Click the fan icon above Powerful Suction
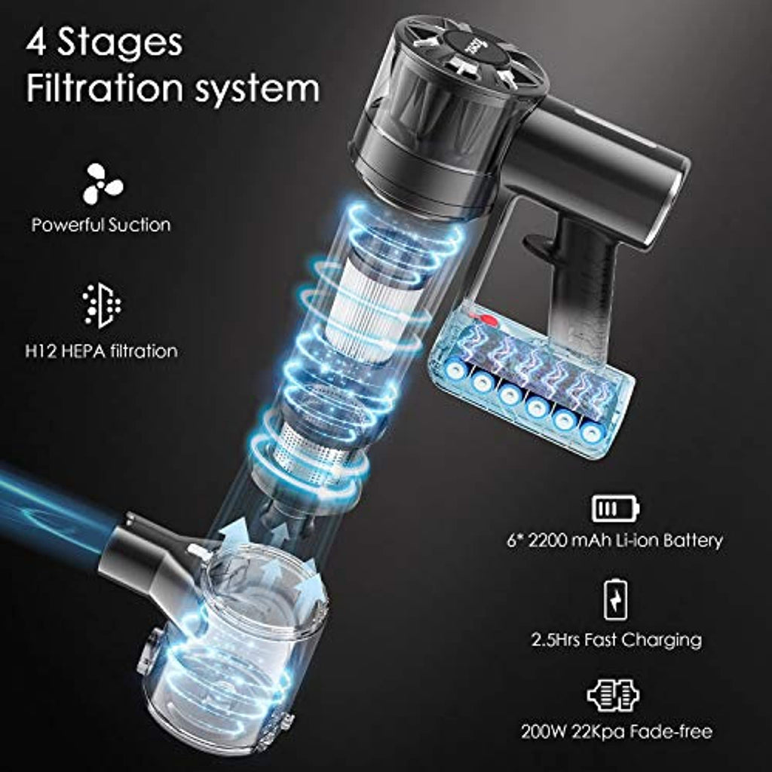click(x=103, y=184)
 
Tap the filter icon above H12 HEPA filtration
click(x=102, y=305)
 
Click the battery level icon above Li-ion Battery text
click(x=615, y=508)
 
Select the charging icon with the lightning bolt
click(x=615, y=600)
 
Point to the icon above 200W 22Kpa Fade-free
click(x=614, y=695)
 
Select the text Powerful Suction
click(x=101, y=225)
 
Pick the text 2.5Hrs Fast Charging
click(x=617, y=639)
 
